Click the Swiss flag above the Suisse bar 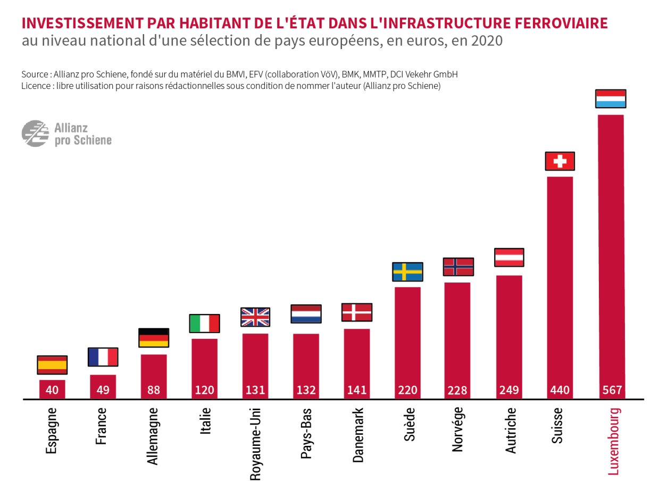560,161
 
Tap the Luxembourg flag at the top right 611,99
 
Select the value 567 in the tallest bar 611,390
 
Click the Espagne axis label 52,430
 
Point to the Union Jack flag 255,317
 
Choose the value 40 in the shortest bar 52,390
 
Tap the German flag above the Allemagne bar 154,338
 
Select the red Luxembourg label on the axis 614,441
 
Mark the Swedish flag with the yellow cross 407,272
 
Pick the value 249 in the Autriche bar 509,390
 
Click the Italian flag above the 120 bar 204,323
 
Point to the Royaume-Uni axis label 255,444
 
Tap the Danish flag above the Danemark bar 356,312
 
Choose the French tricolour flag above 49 103,357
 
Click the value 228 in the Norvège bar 457,390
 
